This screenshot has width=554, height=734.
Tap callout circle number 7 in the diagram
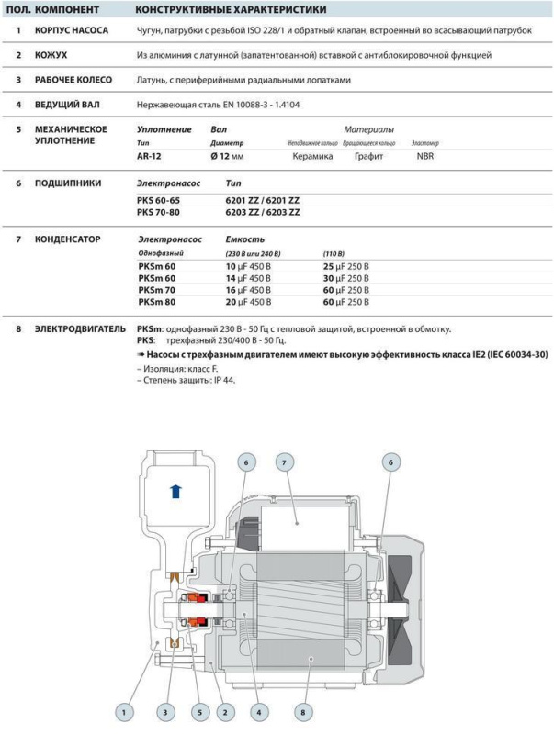click(285, 464)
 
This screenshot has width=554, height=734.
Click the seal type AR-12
click(149, 156)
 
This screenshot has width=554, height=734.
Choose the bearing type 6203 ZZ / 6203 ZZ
click(263, 212)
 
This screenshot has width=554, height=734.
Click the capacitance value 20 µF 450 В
click(252, 301)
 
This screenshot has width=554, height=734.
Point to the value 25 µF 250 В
click(346, 265)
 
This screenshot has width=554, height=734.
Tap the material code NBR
click(425, 156)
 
